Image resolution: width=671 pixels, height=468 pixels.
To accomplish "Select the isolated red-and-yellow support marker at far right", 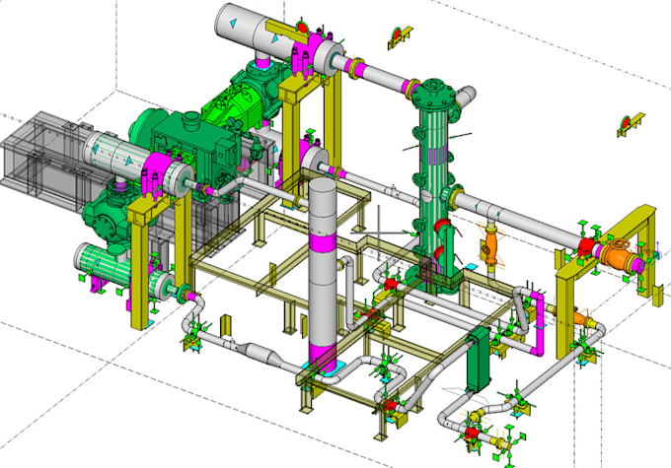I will [626, 123].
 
